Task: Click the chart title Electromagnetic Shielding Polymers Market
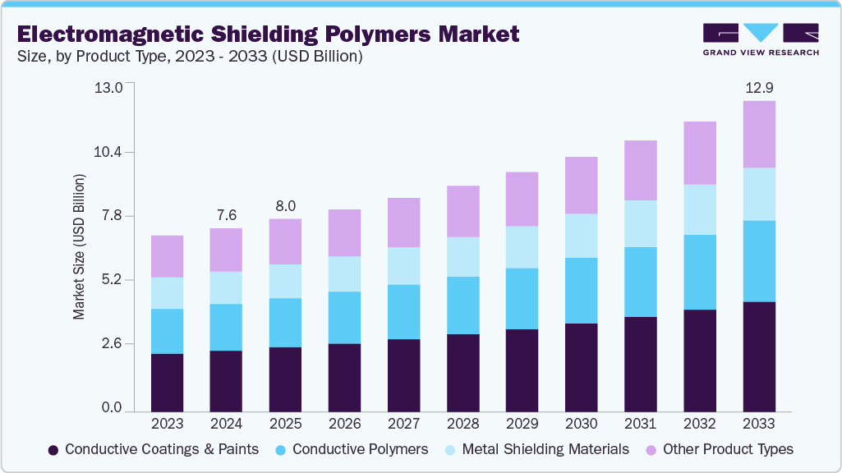pos(268,34)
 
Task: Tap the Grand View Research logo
pos(761,39)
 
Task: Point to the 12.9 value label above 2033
pos(759,87)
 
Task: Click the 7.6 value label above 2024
pos(226,215)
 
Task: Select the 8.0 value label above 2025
pos(285,205)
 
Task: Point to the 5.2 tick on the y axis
pos(108,280)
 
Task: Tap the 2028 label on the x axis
pos(462,424)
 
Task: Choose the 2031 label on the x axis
pos(640,424)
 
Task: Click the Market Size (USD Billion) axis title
pos(80,246)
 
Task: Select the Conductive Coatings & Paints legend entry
pos(154,449)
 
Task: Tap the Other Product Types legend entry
pos(719,449)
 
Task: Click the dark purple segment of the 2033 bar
pos(759,356)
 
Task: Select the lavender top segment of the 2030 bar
pos(581,185)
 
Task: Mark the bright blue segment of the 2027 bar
pos(403,311)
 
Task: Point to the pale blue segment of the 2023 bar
pos(167,293)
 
